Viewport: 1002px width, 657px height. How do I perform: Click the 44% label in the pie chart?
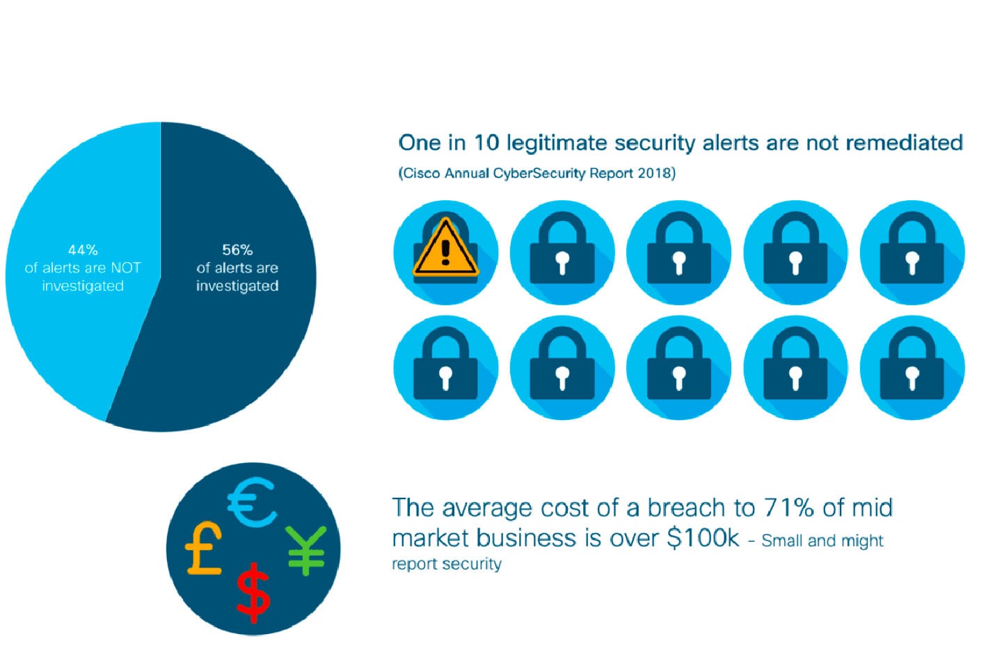pyautogui.click(x=83, y=250)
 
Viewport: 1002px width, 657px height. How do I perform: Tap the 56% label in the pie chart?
pyautogui.click(x=237, y=250)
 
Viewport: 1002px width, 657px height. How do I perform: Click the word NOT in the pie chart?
pyautogui.click(x=126, y=268)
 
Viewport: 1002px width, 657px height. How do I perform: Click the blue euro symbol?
pyautogui.click(x=252, y=503)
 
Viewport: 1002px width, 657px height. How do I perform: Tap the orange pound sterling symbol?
pyautogui.click(x=203, y=548)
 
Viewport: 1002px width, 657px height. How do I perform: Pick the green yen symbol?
pyautogui.click(x=306, y=550)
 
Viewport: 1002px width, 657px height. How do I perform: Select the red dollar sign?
pyautogui.click(x=253, y=592)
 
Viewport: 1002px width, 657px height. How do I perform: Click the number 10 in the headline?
pyautogui.click(x=486, y=143)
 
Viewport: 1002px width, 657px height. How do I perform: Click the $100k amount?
pyautogui.click(x=703, y=538)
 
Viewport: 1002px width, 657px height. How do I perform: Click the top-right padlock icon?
pyautogui.click(x=912, y=252)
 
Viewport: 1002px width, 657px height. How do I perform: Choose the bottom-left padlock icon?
pyautogui.click(x=445, y=368)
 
